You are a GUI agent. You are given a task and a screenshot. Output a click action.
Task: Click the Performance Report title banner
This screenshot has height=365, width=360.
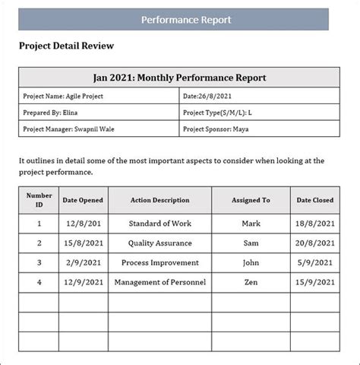click(186, 19)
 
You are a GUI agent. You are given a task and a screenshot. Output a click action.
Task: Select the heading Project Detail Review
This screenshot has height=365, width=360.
click(66, 46)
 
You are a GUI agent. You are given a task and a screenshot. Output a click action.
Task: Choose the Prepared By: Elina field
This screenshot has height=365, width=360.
click(52, 113)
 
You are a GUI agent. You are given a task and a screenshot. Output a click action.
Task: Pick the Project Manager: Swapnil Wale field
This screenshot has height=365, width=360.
click(70, 129)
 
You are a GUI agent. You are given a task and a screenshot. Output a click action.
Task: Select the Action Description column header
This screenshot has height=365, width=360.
click(159, 201)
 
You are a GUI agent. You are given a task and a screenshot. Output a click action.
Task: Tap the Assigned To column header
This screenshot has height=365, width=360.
click(251, 201)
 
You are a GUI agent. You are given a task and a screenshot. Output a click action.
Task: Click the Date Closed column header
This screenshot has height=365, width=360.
click(314, 201)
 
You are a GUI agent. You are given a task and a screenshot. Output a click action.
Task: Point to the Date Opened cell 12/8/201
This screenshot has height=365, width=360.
click(84, 224)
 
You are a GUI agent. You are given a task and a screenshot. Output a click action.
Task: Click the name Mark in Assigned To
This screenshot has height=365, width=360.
click(251, 224)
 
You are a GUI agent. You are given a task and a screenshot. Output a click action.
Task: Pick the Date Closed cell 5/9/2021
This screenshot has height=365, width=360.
click(314, 263)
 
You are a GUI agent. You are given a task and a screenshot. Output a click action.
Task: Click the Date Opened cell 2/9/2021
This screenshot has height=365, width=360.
click(84, 263)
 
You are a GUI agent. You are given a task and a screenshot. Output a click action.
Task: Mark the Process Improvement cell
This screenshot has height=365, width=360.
click(159, 263)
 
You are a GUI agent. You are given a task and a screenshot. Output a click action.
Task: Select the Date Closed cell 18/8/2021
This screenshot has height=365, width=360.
click(314, 224)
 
